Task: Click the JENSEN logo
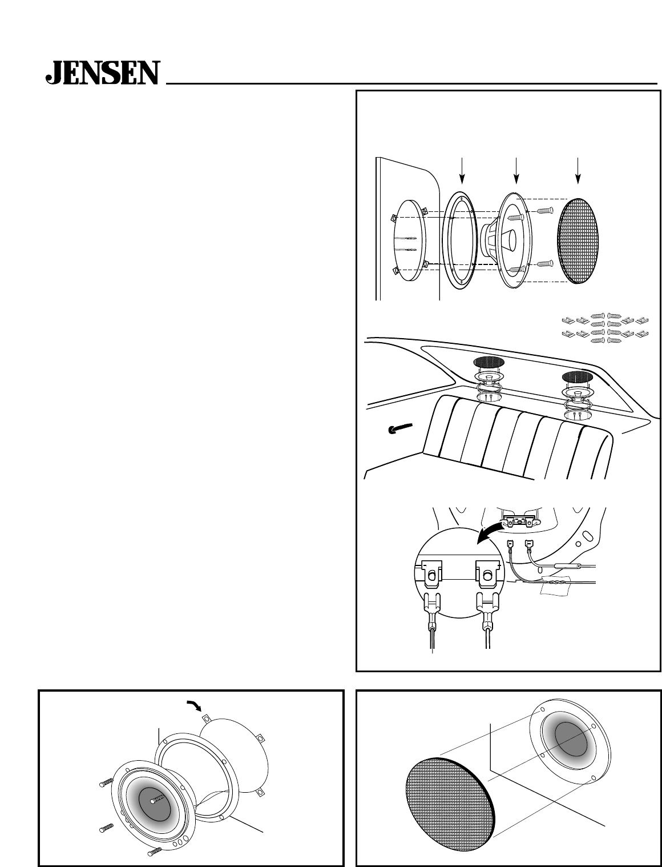(103, 73)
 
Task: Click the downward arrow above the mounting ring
(462, 171)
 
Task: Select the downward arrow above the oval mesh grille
(578, 171)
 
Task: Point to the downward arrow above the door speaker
(516, 171)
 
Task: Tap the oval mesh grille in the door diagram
(578, 242)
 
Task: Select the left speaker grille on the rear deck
(489, 362)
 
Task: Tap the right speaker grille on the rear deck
(577, 376)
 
